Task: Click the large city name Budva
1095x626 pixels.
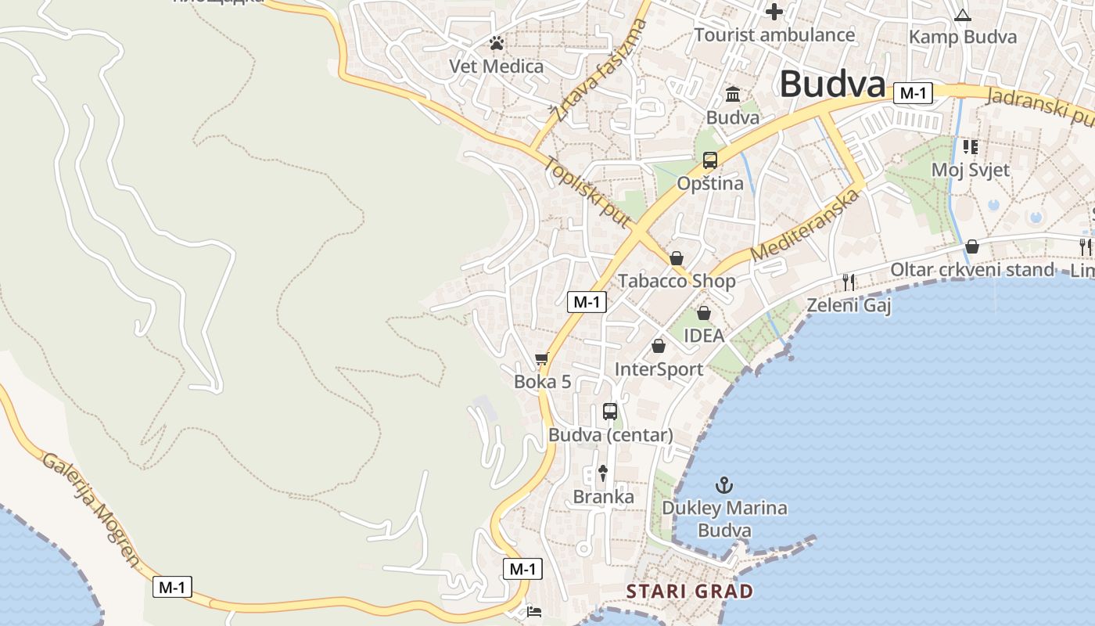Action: point(832,84)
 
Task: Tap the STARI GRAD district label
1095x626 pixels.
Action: point(690,592)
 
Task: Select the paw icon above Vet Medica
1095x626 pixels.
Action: point(497,44)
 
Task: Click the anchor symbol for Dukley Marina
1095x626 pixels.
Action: point(724,485)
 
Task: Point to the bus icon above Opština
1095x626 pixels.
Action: point(710,160)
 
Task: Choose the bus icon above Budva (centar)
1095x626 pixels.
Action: point(610,411)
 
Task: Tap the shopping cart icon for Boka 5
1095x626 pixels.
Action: point(542,359)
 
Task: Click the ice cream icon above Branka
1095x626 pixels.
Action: point(603,473)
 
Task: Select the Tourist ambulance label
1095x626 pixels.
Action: point(774,34)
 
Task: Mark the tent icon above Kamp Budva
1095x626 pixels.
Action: point(962,15)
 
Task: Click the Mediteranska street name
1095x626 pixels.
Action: point(805,225)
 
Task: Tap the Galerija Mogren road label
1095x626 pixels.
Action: point(91,509)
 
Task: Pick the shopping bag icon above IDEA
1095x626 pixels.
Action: point(704,313)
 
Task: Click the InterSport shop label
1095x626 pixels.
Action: point(659,369)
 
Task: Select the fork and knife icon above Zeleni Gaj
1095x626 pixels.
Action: point(849,282)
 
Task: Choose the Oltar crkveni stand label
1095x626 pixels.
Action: point(972,270)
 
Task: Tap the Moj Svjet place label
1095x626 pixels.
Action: point(970,170)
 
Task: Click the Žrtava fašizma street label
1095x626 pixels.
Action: point(598,70)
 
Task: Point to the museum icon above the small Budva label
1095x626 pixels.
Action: point(733,95)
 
